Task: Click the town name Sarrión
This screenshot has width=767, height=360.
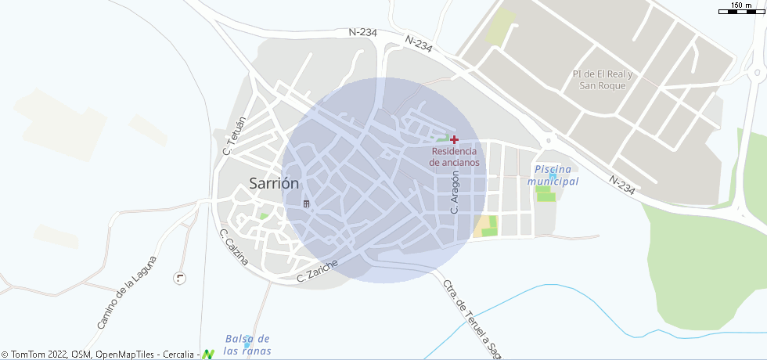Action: tap(274, 184)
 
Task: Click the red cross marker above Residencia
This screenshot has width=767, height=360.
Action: tap(454, 139)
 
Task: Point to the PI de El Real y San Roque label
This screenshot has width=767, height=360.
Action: tap(602, 80)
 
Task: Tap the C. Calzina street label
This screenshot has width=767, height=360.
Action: tap(234, 247)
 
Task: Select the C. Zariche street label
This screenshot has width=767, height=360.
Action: tap(317, 271)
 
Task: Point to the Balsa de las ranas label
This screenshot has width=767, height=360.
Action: tap(247, 344)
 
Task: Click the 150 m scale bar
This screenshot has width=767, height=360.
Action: tap(741, 9)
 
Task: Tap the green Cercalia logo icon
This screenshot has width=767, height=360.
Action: tap(207, 355)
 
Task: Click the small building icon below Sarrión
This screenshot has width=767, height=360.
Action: tap(307, 204)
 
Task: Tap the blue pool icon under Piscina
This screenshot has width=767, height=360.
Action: tap(553, 176)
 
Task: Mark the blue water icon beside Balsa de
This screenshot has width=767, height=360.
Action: tap(247, 344)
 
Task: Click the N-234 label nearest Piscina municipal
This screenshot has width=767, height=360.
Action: tap(621, 185)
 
